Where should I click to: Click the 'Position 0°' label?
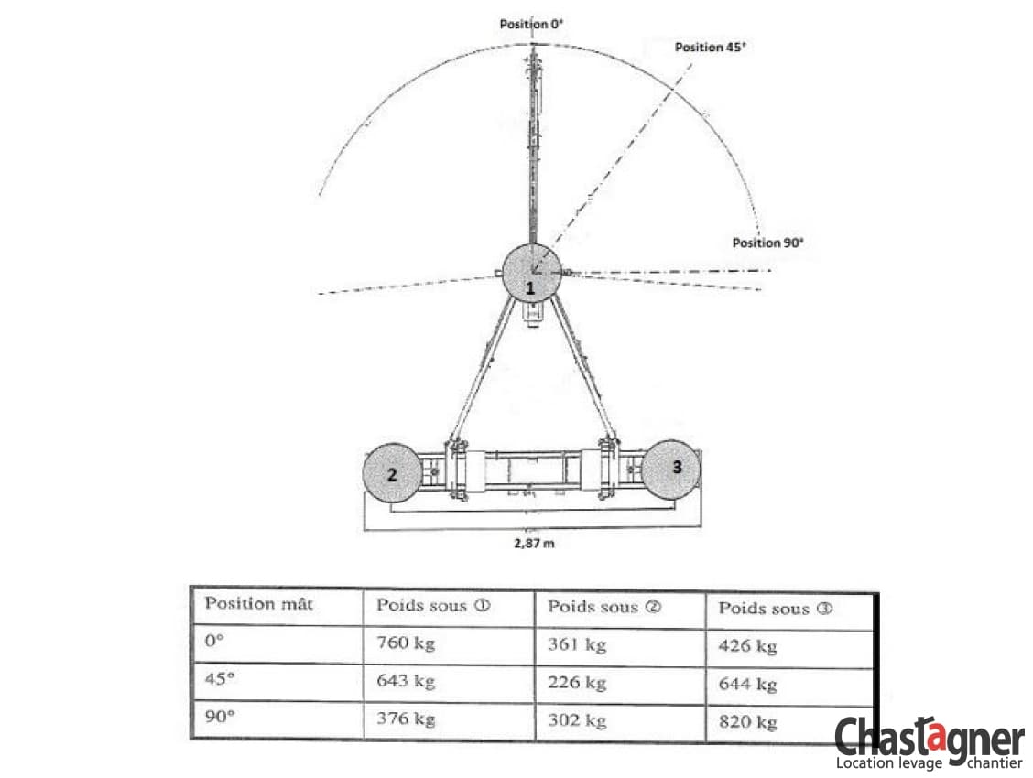coord(531,25)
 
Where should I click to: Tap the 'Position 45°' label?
coord(711,47)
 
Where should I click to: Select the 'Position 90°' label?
coord(768,243)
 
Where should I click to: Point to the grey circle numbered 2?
coord(392,473)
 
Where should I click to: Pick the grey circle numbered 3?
coord(671,470)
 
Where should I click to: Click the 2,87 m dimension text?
coord(534,543)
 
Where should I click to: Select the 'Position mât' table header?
coord(259,603)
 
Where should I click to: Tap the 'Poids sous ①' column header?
coord(433,606)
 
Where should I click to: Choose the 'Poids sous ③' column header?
coord(776,608)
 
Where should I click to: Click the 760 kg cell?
coord(405,643)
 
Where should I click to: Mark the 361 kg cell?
coord(577,644)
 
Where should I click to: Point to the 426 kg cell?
coord(748,646)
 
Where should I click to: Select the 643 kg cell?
coord(405,681)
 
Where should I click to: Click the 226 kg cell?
coord(577,683)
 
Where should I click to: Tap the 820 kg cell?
coord(748,722)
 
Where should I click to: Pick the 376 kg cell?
coord(405,719)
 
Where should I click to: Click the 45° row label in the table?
coord(220,678)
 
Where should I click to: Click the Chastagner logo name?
coord(930,737)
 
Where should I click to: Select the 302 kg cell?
coord(577,720)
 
